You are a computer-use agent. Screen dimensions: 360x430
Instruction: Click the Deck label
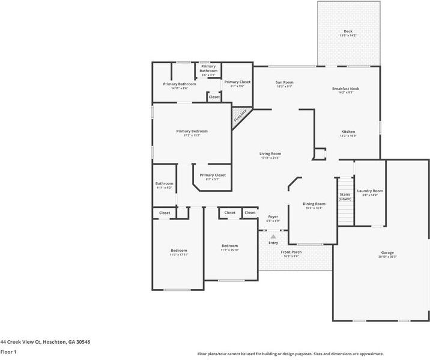click(x=348, y=31)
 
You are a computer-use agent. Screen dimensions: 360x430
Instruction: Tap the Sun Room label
click(x=284, y=82)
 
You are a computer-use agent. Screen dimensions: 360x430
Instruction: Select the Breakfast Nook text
click(x=346, y=88)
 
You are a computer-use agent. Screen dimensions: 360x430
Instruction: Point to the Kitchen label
click(x=348, y=132)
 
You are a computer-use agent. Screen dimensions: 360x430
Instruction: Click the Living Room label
click(x=270, y=153)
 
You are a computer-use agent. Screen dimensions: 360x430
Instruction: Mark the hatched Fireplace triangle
click(x=241, y=114)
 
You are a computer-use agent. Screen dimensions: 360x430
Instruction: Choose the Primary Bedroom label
click(x=192, y=131)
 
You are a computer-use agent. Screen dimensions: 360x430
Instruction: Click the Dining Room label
click(x=313, y=204)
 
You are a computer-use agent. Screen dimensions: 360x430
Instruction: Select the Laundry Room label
click(x=370, y=191)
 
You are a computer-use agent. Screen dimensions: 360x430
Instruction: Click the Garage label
click(x=387, y=252)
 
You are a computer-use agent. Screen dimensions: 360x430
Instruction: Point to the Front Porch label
click(x=290, y=252)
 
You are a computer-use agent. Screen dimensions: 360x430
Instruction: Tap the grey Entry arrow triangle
click(x=273, y=237)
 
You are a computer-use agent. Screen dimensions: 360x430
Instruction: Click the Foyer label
click(x=273, y=216)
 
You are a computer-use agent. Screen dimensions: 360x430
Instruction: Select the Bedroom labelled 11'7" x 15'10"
click(x=229, y=246)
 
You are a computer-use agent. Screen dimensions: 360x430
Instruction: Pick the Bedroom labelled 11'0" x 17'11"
click(x=178, y=251)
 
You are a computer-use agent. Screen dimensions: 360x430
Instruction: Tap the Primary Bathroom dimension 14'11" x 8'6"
click(x=179, y=88)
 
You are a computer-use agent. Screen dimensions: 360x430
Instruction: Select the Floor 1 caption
click(x=8, y=352)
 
